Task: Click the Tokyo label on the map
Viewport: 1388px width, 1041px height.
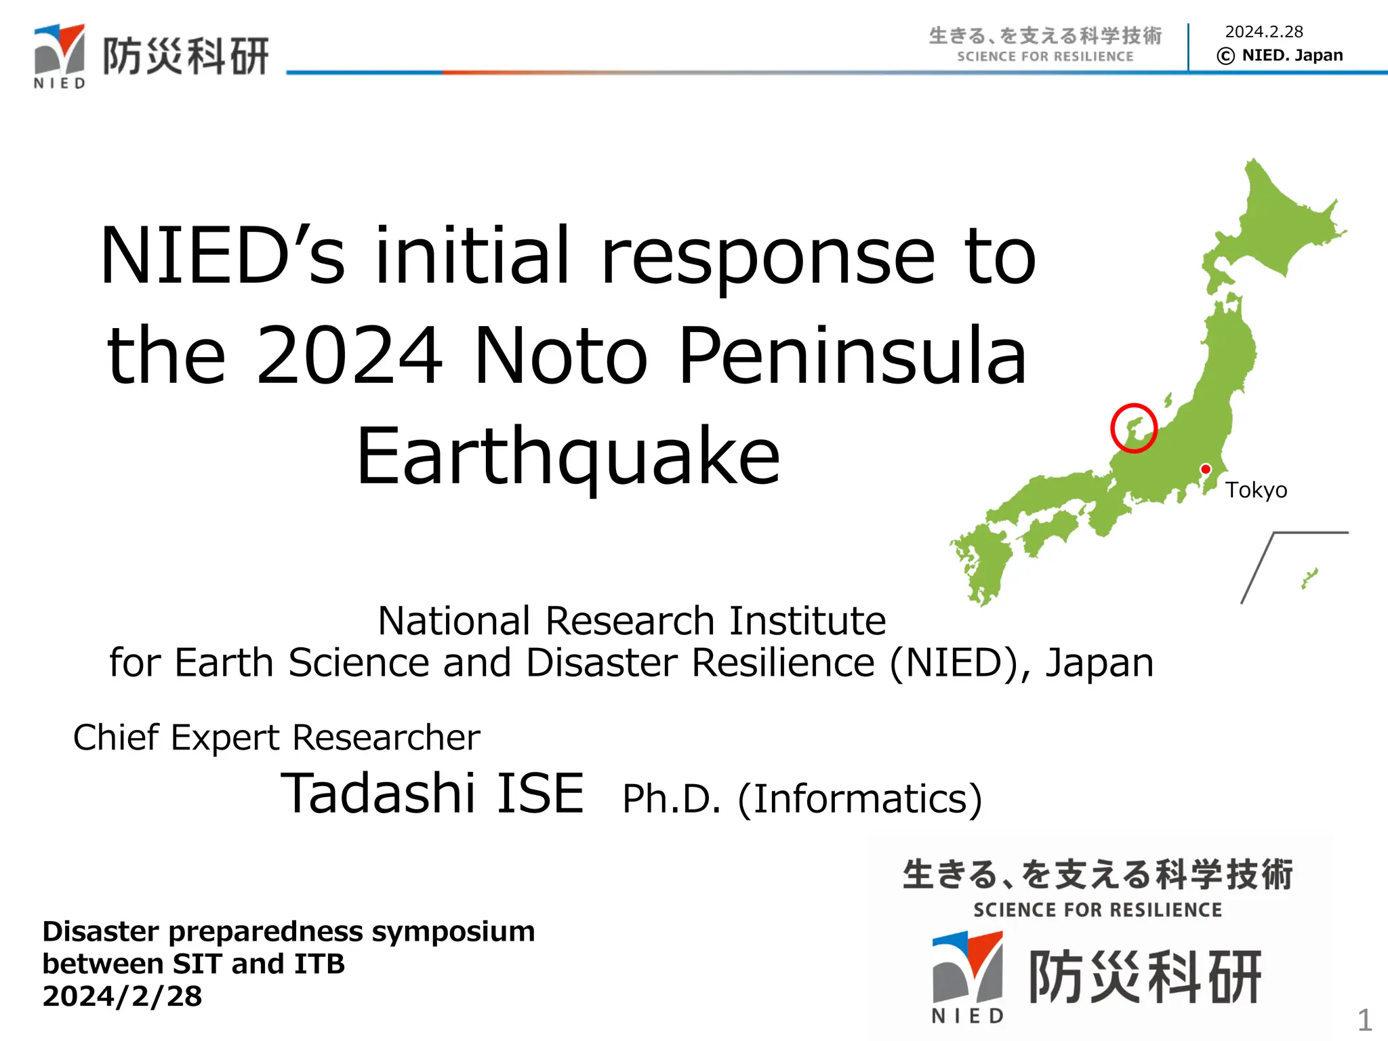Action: click(1256, 490)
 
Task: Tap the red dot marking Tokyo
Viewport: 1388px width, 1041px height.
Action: click(1206, 469)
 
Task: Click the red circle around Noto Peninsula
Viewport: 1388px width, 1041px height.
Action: click(1112, 428)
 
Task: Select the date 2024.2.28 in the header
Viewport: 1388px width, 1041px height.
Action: click(1264, 32)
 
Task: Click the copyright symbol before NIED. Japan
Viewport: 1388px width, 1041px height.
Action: click(1225, 56)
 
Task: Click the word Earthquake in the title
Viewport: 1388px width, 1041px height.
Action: click(568, 455)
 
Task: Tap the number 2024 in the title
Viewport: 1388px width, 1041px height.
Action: click(349, 355)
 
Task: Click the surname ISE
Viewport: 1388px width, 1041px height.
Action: click(540, 793)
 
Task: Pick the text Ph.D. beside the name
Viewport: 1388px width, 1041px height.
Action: click(671, 799)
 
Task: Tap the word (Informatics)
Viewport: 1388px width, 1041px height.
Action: click(859, 799)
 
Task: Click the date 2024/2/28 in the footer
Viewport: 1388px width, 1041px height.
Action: click(122, 996)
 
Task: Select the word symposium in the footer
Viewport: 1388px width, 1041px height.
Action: click(453, 932)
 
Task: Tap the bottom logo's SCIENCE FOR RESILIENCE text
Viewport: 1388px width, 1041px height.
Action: click(1097, 910)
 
